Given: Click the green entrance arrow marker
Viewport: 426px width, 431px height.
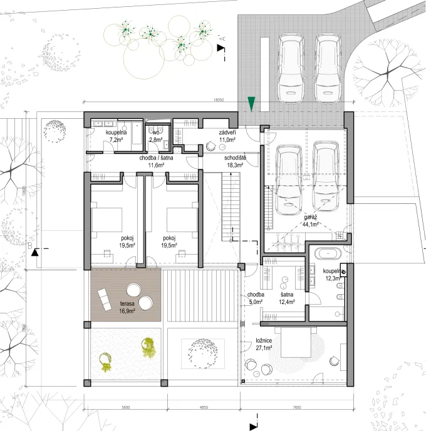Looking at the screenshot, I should [x=251, y=104].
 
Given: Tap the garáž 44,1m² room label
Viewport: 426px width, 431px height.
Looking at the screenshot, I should [x=310, y=220].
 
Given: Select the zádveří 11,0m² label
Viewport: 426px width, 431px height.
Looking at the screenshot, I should [x=227, y=136].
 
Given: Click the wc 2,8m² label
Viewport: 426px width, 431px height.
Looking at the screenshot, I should [x=156, y=136].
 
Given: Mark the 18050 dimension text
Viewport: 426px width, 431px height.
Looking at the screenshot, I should [x=219, y=99].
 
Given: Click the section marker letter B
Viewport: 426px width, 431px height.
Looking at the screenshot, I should [x=29, y=247].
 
